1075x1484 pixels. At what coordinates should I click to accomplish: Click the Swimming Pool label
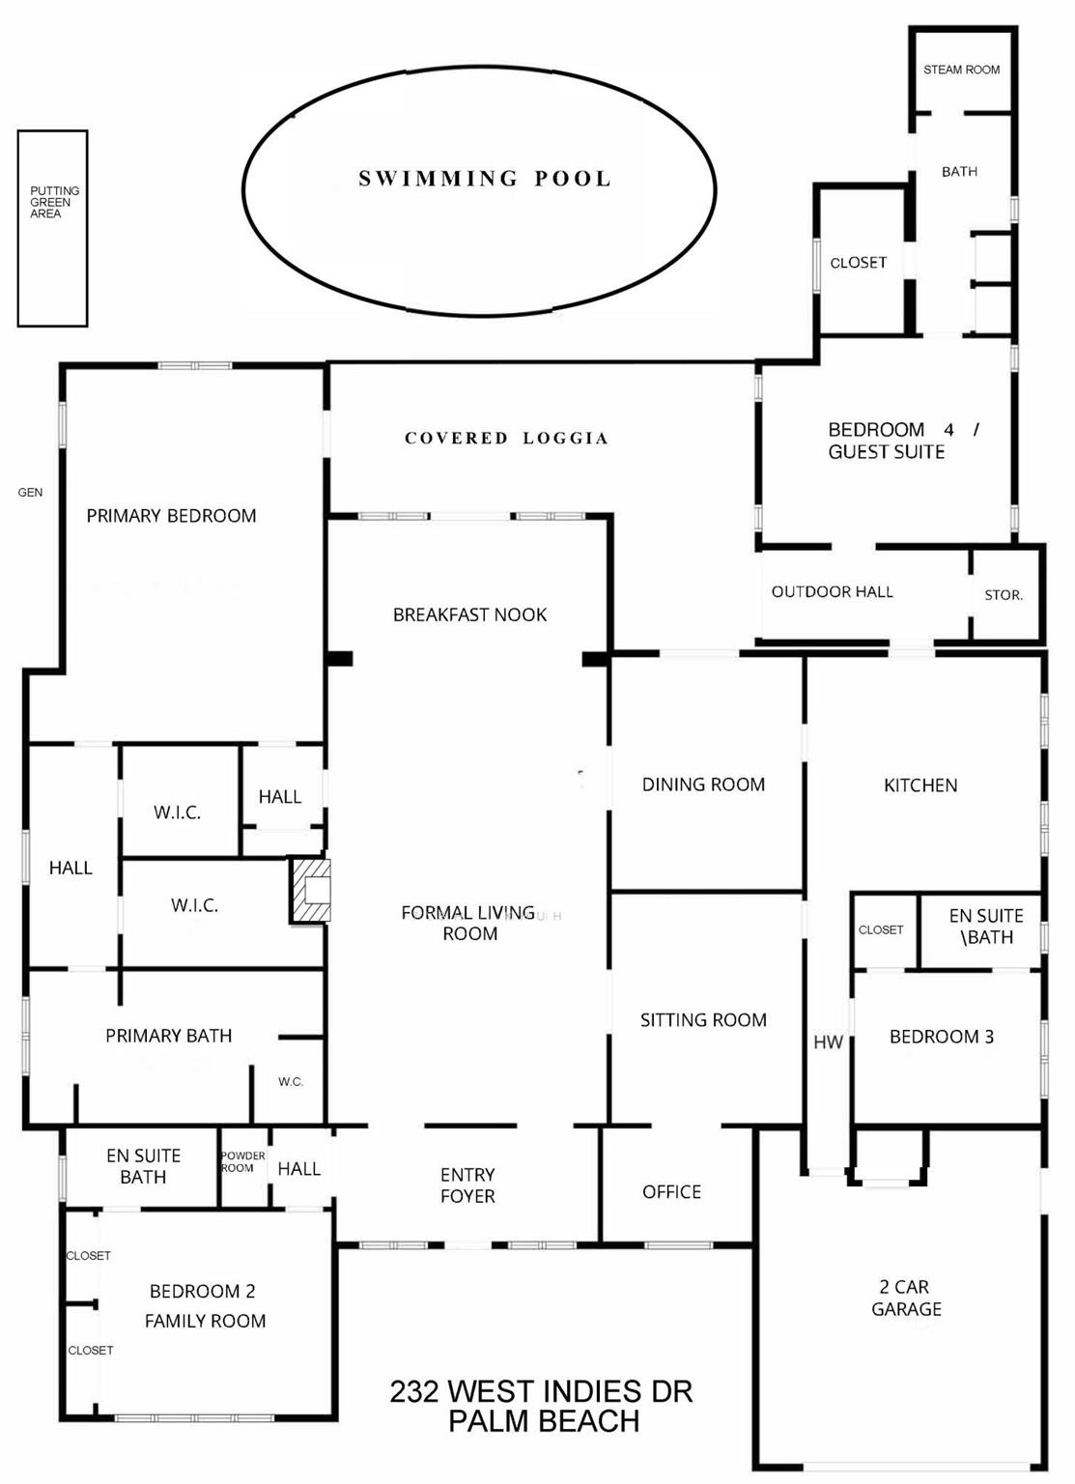point(485,179)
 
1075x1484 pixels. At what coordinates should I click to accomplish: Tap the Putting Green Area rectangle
point(52,229)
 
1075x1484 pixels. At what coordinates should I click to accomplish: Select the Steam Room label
point(961,70)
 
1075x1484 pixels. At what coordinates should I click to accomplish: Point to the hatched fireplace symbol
point(312,890)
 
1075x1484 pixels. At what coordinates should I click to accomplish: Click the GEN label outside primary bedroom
point(30,493)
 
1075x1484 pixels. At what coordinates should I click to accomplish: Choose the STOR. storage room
point(1004,595)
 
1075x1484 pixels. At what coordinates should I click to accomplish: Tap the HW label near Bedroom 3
point(828,1042)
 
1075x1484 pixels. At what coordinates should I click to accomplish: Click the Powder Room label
point(242,1161)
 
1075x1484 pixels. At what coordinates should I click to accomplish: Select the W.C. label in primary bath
point(291,1082)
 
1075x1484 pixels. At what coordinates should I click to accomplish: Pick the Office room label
point(671,1192)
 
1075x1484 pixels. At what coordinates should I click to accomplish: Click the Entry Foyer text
point(467,1185)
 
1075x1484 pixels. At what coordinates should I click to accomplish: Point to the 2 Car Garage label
point(905,1298)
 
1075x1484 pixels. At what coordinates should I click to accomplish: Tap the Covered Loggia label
point(506,439)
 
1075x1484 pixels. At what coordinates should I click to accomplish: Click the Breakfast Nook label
point(469,615)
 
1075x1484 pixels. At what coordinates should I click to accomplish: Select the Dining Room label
point(703,785)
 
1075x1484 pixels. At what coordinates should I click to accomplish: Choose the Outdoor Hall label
point(832,591)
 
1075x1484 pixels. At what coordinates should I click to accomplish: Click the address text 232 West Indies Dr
point(541,1392)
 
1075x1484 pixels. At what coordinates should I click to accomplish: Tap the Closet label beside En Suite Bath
point(880,929)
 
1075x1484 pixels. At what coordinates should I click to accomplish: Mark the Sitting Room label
point(703,1020)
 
